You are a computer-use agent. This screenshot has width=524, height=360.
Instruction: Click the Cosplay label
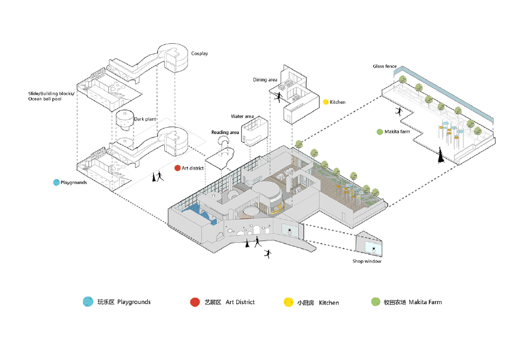point(199,54)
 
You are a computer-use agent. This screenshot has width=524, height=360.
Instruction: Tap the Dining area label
point(265,79)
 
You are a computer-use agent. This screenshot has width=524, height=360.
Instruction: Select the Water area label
point(242,117)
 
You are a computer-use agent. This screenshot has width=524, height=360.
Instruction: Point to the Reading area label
point(225,132)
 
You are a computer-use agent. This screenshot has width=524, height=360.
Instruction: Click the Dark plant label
point(145,119)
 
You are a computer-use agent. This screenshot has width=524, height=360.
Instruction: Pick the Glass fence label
point(385,66)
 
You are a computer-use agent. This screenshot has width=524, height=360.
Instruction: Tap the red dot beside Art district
point(178,168)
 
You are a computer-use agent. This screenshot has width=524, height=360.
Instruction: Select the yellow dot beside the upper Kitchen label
point(325,102)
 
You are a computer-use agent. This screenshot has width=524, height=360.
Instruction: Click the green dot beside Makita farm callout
point(380,132)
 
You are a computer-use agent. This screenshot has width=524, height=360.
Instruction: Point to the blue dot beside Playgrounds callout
point(56,182)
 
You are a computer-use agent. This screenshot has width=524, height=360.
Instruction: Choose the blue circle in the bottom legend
point(88,302)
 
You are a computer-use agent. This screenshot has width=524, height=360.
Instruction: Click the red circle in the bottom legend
point(194,302)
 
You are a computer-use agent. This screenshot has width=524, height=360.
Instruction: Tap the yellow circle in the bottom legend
point(288,302)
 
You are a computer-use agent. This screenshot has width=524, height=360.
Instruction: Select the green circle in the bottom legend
point(376,302)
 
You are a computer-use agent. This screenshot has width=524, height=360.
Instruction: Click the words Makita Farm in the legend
point(425,302)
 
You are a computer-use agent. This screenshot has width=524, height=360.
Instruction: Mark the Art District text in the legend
point(240,302)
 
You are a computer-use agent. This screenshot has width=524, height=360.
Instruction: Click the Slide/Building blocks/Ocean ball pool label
point(51,96)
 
